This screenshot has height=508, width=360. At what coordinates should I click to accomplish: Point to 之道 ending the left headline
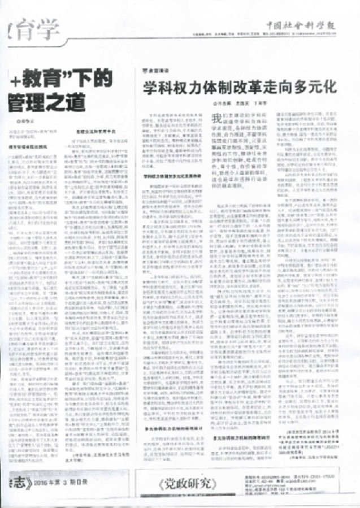click(x=68, y=103)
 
